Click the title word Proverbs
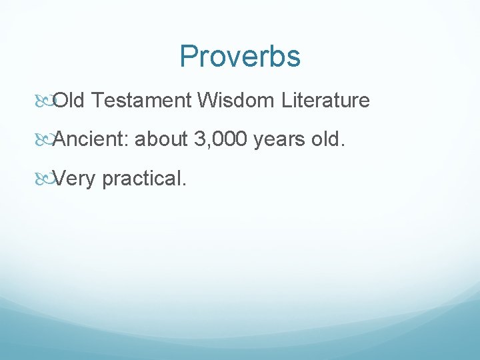[240, 57]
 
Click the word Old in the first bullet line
[69, 101]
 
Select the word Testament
[141, 101]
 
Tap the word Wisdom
[236, 101]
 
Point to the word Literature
[325, 101]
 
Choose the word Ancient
[91, 139]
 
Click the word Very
[74, 179]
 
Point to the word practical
[141, 179]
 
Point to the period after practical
[182, 184]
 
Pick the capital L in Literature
[287, 101]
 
